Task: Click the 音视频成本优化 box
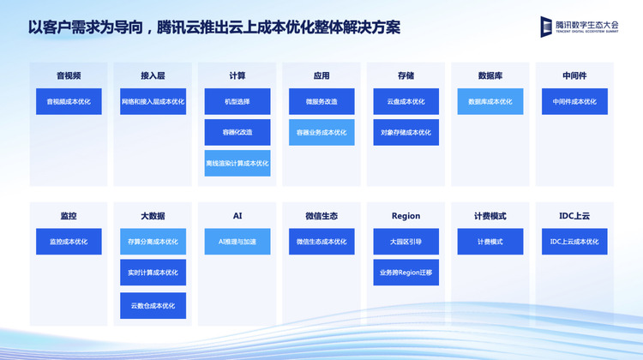pos(69,101)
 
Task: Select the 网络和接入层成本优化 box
pos(153,101)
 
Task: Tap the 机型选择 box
pos(237,101)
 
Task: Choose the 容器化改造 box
pos(237,132)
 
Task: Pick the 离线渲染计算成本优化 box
pos(237,163)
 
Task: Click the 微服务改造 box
pos(321,101)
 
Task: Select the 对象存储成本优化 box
pos(406,132)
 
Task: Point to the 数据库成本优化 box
pos(490,101)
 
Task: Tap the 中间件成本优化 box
pos(574,101)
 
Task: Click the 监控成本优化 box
pos(69,242)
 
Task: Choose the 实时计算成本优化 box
pos(153,273)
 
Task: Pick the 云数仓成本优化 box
pos(153,305)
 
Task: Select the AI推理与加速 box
pos(237,242)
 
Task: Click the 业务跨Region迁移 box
pos(406,273)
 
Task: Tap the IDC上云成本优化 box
pos(574,242)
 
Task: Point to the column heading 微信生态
pos(321,216)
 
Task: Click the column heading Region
pos(406,216)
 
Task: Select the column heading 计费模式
pos(490,216)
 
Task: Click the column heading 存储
pos(406,75)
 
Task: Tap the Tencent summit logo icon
pos(546,27)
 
